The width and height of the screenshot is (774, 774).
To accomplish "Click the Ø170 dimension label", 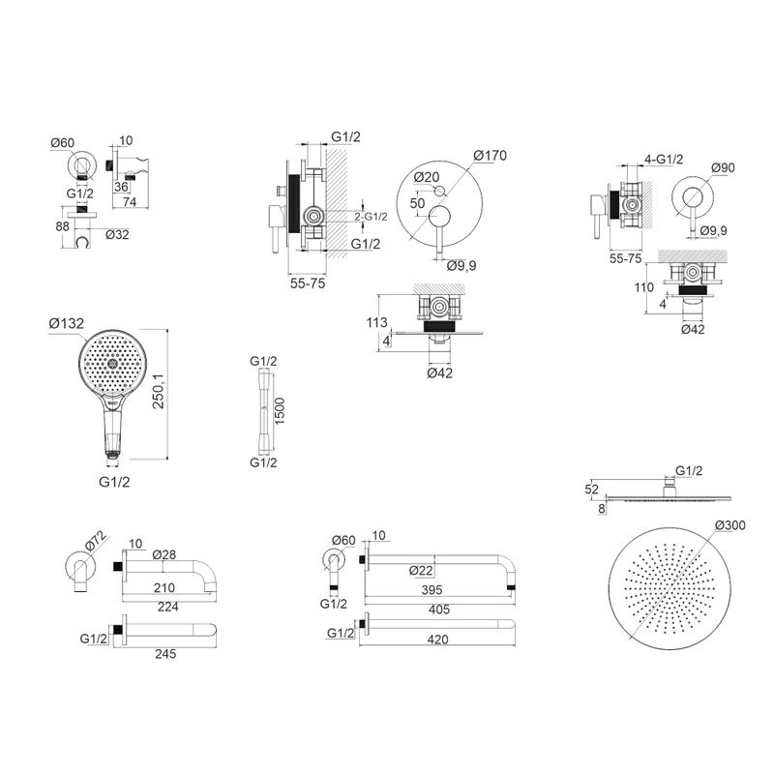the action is pyautogui.click(x=490, y=156).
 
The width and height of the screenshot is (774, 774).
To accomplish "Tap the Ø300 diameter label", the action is pyautogui.click(x=729, y=525).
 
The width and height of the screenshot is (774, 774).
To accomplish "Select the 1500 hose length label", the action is pyautogui.click(x=280, y=411).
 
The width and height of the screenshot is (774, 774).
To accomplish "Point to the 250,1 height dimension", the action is pyautogui.click(x=158, y=391).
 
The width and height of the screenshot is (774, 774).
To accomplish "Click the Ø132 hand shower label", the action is pyautogui.click(x=67, y=323).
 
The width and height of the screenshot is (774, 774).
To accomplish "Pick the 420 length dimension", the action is pyautogui.click(x=437, y=640).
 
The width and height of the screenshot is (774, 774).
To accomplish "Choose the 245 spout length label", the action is pyautogui.click(x=165, y=654).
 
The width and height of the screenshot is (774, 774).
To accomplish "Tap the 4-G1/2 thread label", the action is pyautogui.click(x=664, y=159).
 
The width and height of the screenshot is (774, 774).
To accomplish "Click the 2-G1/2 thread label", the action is pyautogui.click(x=371, y=216).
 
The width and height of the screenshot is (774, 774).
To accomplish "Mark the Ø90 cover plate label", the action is pyautogui.click(x=723, y=167).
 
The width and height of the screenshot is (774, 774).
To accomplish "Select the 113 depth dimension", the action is pyautogui.click(x=376, y=322).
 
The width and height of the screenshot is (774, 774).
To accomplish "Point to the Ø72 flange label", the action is pyautogui.click(x=95, y=540).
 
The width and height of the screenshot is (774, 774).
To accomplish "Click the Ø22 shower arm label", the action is pyautogui.click(x=421, y=570).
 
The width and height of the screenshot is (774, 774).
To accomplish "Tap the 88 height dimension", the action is pyautogui.click(x=62, y=226).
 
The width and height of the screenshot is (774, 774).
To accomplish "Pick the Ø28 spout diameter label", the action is pyautogui.click(x=164, y=554).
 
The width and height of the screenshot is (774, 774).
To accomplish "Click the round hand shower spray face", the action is pyautogui.click(x=112, y=364).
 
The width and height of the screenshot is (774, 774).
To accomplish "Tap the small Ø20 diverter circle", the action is pyautogui.click(x=439, y=191).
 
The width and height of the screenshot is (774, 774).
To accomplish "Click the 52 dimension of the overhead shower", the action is pyautogui.click(x=591, y=490).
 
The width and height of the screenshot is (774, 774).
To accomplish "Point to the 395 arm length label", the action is pyautogui.click(x=432, y=590).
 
